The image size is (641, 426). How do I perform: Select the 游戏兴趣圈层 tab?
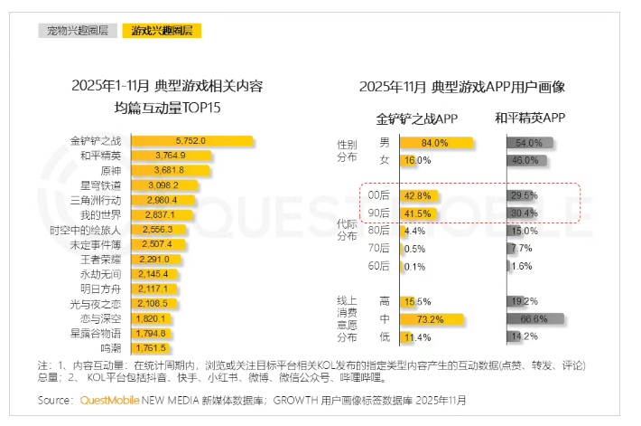click(x=163, y=31)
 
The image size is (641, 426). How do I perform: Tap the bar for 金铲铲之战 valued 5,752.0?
click(x=191, y=140)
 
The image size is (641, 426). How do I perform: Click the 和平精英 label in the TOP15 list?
click(x=100, y=155)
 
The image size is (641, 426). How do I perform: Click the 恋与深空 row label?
click(x=100, y=318)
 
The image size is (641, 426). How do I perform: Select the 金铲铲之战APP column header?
click(x=417, y=118)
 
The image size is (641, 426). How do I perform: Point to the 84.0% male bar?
click(x=434, y=143)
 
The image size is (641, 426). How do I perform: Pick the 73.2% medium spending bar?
click(x=430, y=319)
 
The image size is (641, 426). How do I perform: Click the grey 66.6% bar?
click(x=537, y=319)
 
